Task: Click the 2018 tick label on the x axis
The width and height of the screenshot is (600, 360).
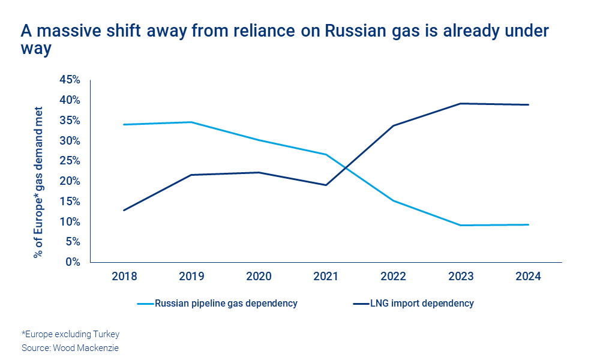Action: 124,277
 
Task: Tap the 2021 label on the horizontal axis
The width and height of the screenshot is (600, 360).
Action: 326,277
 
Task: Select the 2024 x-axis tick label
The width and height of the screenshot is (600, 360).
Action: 528,277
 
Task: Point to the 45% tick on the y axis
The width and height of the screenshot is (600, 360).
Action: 70,80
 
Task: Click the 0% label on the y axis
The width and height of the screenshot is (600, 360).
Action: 73,262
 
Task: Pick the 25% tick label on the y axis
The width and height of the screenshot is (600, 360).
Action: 70,161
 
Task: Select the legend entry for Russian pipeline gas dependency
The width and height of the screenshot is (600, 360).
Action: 226,304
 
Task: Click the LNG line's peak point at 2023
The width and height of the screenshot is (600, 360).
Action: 461,103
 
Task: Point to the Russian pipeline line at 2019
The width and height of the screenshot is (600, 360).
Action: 191,122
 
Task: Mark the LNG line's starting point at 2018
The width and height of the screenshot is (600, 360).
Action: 124,210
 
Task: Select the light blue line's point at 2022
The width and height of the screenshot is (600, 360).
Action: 393,200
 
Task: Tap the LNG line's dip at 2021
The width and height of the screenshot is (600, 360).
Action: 326,185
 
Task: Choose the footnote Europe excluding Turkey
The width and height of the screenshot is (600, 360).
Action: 66,334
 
